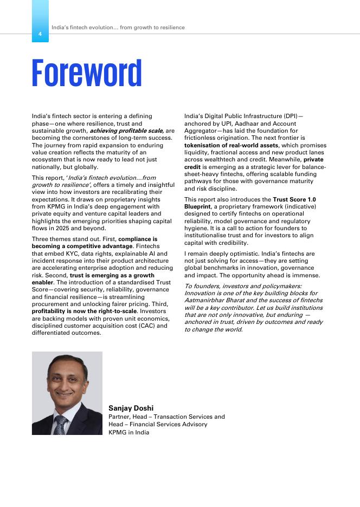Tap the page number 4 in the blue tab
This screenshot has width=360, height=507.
coord(40,34)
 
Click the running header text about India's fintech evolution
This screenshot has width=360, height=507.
coord(118,28)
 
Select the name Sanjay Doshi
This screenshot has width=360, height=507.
coord(131,408)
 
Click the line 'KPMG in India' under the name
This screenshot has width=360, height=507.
coord(128,432)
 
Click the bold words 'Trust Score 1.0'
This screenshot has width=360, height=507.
coord(294,199)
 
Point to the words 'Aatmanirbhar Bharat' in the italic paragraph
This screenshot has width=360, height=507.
coord(214,300)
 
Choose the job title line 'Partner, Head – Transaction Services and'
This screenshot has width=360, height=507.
coord(166,417)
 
